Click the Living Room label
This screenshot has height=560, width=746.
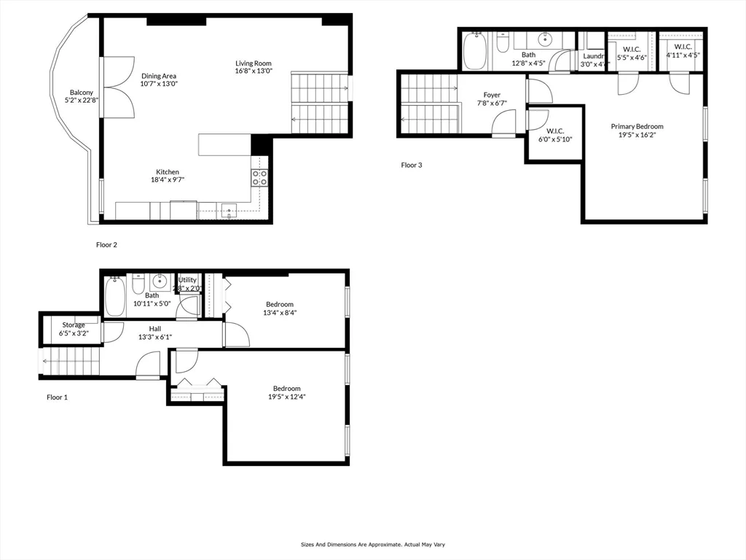tap(253, 63)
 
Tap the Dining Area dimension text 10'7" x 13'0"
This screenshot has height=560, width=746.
tap(159, 84)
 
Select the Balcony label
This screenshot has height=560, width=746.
tap(82, 93)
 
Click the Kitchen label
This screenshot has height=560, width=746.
tap(167, 172)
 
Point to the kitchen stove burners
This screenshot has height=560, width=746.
tap(260, 177)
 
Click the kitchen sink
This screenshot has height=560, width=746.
tap(229, 211)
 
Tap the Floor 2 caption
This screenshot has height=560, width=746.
tap(106, 245)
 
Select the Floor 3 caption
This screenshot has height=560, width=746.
tap(412, 165)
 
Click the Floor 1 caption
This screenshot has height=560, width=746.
tap(57, 397)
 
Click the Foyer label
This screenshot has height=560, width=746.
tap(492, 95)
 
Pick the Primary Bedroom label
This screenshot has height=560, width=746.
tap(637, 126)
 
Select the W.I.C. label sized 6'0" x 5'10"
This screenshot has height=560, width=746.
tap(555, 131)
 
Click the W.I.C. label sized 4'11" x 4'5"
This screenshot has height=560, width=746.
tap(683, 47)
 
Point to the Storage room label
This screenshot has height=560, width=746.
tap(73, 324)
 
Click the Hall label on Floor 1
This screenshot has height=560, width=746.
tap(155, 329)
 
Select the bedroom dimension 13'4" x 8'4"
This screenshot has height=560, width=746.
tap(280, 312)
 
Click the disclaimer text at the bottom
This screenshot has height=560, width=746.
tap(373, 545)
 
